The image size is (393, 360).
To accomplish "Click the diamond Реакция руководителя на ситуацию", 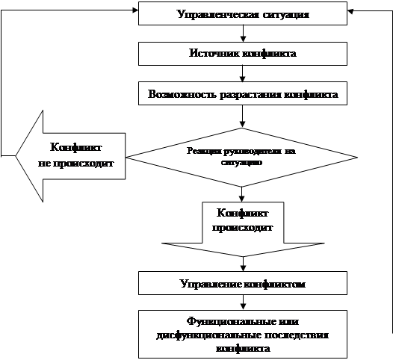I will (x=241, y=156).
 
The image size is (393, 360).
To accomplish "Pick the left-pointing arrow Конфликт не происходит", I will (x=72, y=155).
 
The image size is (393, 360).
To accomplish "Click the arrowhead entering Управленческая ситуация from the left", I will (x=134, y=10).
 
